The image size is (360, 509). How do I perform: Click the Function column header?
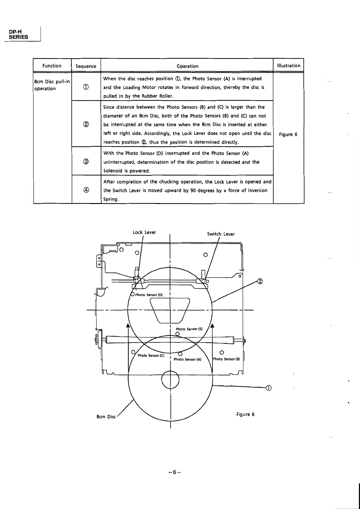(x=52, y=66)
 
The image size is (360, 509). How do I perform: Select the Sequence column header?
(x=86, y=66)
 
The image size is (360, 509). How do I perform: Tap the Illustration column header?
(x=289, y=66)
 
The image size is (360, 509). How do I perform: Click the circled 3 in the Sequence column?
(x=86, y=162)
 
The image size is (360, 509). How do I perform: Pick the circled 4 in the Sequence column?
(x=86, y=190)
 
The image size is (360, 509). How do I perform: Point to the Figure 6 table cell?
(x=288, y=134)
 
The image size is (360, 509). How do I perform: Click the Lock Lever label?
(x=144, y=232)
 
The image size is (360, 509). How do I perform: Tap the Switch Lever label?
(x=221, y=234)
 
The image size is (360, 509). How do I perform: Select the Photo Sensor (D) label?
(x=149, y=295)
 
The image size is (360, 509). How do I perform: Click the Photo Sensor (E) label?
(x=189, y=329)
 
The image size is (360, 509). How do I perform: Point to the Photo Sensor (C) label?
(x=151, y=355)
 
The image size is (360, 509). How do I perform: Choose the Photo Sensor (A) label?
(x=187, y=359)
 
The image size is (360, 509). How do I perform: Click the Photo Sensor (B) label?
(x=226, y=359)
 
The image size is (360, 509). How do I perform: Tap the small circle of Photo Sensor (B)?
(x=222, y=352)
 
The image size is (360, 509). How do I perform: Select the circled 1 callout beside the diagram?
(x=268, y=388)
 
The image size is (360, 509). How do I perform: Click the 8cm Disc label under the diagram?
(x=106, y=416)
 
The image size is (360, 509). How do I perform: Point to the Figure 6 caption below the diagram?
(x=245, y=414)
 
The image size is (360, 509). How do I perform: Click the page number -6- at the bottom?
(x=175, y=472)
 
